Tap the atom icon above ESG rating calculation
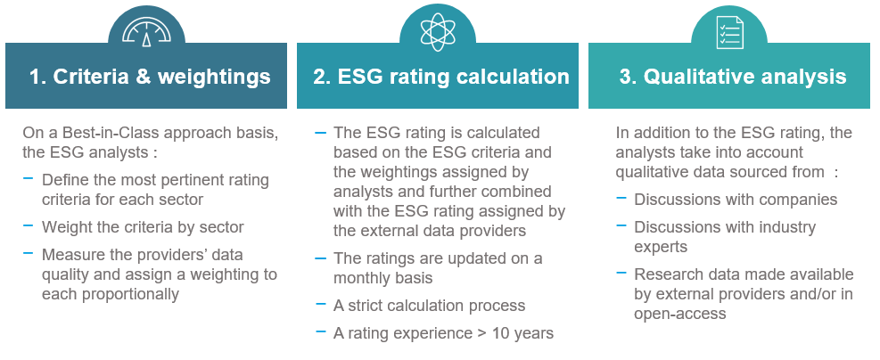tap(438, 31)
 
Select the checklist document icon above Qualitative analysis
tap(729, 32)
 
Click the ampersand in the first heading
tap(144, 77)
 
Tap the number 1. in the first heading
tap(37, 77)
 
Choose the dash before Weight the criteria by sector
tap(28, 225)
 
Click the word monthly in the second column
tap(359, 277)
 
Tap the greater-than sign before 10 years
tap(482, 333)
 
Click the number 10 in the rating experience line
tap(500, 333)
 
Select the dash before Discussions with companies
tap(621, 198)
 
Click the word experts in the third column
tap(661, 247)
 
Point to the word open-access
tap(680, 314)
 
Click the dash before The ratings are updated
tap(320, 258)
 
